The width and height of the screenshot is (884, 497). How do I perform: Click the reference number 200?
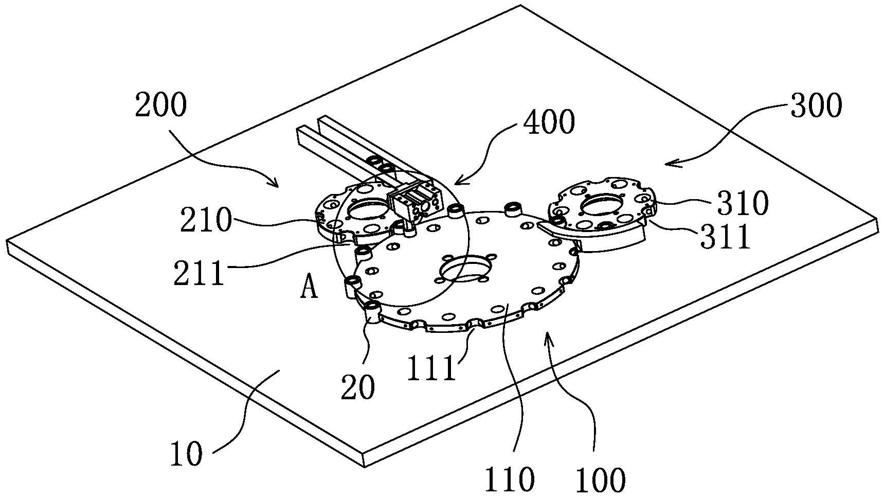(160, 106)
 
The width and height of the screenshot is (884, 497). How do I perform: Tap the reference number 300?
(816, 106)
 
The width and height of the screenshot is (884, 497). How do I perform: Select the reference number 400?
(549, 123)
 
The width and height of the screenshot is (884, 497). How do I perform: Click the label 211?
(199, 273)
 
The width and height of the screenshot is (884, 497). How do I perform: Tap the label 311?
(725, 237)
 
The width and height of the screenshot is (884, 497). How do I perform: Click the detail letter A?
(309, 289)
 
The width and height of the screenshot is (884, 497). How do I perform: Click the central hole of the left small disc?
(367, 209)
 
